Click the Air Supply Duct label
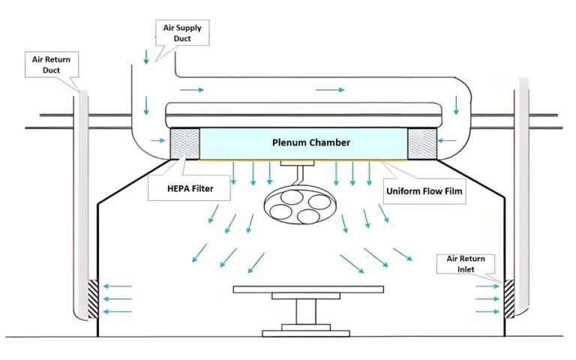point(181,33)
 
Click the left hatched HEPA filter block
point(185,143)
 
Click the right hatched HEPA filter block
point(421,143)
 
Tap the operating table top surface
point(307,289)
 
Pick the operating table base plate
point(307,331)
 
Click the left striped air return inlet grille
point(94,298)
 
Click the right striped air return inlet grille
point(509,298)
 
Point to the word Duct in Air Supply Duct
point(181,38)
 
